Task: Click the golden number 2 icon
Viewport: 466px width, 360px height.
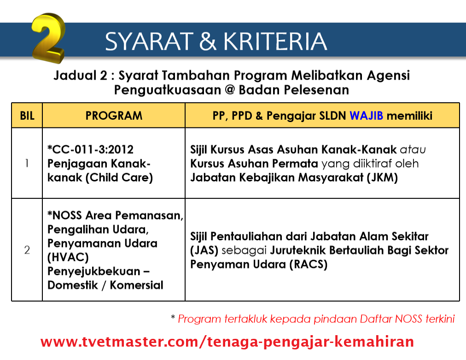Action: point(48,38)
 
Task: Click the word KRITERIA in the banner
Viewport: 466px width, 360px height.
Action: point(275,41)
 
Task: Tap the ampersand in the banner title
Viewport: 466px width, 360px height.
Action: point(208,41)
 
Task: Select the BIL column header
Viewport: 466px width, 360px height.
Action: point(27,116)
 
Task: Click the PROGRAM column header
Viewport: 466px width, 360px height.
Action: point(114,116)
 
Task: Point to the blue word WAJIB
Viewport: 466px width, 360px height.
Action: point(366,116)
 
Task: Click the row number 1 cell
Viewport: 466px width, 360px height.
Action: point(27,163)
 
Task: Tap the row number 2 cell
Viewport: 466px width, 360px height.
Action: point(27,250)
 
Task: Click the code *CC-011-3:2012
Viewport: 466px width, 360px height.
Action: point(90,150)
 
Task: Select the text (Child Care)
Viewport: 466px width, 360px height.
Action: point(119,178)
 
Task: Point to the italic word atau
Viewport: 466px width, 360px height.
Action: point(413,150)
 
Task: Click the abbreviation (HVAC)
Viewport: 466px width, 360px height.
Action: point(68,257)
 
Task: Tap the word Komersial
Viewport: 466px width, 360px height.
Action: point(136,285)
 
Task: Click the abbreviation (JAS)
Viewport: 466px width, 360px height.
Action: point(204,250)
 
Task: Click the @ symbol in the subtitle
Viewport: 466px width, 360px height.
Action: point(230,90)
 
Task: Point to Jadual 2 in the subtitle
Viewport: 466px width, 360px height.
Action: point(80,75)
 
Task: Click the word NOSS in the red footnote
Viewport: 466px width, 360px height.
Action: point(408,319)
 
